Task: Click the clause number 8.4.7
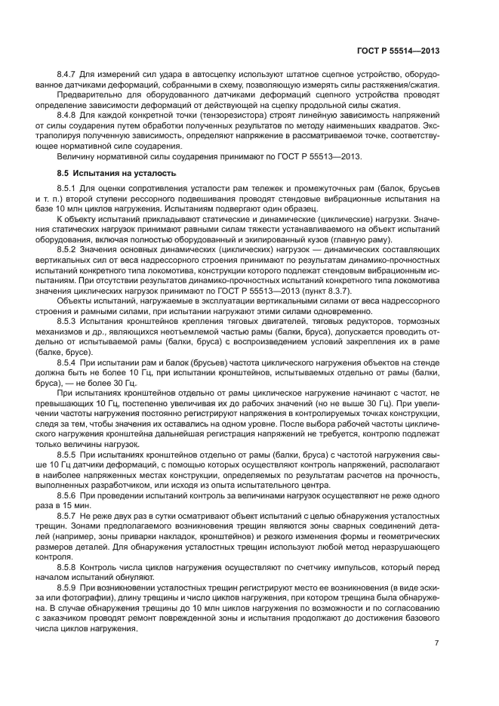(x=68, y=76)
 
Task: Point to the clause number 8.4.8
(x=68, y=116)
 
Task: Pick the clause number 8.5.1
(x=68, y=187)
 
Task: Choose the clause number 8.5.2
(x=68, y=247)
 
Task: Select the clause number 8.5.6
(x=68, y=495)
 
